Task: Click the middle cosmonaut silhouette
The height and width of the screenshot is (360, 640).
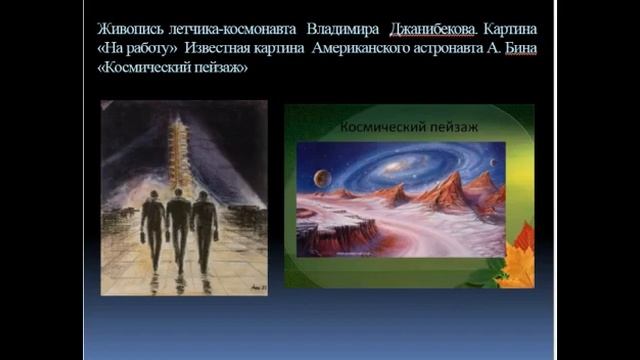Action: coord(178,228)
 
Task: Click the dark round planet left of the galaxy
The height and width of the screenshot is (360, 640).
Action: coord(322,179)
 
